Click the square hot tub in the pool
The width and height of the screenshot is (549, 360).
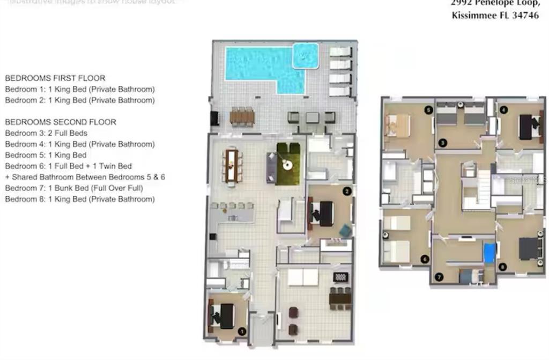click(x=306, y=55)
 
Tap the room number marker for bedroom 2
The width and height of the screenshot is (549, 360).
click(x=347, y=190)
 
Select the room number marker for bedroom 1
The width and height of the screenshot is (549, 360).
click(x=242, y=332)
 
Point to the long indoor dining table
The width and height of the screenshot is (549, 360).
click(x=232, y=165)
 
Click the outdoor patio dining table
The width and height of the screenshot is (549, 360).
click(x=242, y=116)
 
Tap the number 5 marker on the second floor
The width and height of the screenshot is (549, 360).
click(x=428, y=110)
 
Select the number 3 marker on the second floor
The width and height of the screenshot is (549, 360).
click(x=442, y=142)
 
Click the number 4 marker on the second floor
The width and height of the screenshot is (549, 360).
click(x=503, y=110)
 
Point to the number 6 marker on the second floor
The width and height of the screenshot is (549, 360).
click(x=425, y=259)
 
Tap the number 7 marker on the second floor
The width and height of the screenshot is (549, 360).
click(x=439, y=277)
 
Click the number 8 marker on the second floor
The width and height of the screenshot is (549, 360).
click(x=502, y=266)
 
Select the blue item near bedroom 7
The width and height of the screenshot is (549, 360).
click(x=489, y=253)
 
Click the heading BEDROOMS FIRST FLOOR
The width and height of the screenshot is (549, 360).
click(x=55, y=78)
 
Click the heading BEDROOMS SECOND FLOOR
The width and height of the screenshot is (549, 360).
click(x=61, y=122)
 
